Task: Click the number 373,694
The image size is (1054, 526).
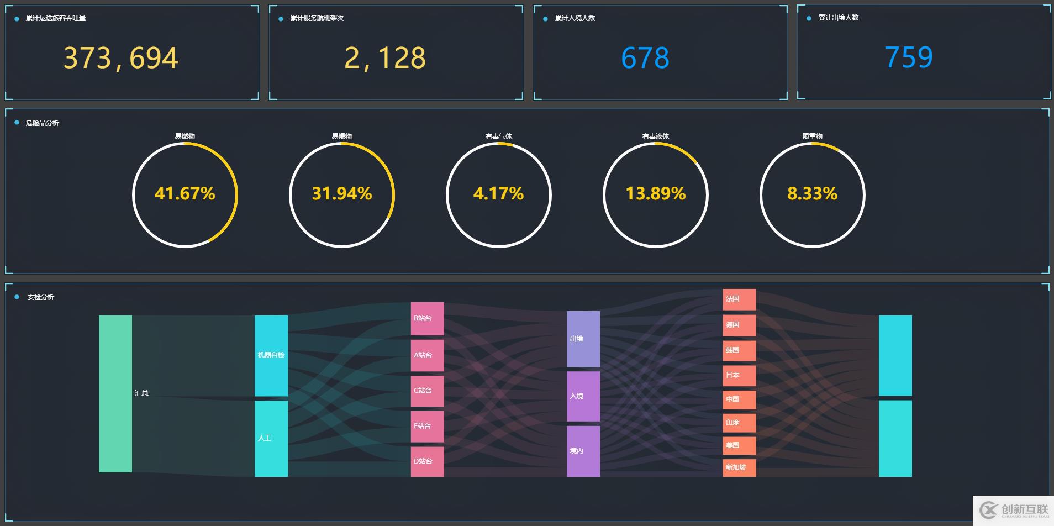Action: click(121, 58)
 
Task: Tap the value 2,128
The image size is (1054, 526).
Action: click(385, 58)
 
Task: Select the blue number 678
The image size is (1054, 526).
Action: click(645, 58)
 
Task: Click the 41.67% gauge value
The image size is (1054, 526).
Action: click(185, 194)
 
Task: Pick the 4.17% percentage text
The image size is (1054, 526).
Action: click(498, 194)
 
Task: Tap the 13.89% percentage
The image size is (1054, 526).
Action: click(655, 194)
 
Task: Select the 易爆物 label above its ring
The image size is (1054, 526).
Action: click(341, 136)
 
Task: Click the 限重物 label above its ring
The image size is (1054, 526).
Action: click(812, 136)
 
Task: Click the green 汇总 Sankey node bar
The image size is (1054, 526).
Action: click(115, 393)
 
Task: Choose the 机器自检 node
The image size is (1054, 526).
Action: click(271, 355)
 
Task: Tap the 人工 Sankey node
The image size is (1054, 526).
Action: click(271, 438)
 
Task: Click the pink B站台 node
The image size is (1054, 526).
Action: click(427, 318)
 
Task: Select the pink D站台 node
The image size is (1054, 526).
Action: click(427, 461)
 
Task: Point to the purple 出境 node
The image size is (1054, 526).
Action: click(583, 339)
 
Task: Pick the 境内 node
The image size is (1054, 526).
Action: click(583, 451)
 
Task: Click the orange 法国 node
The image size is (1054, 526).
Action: click(739, 299)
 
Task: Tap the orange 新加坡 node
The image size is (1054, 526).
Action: click(739, 467)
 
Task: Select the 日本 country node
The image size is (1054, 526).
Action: click(739, 375)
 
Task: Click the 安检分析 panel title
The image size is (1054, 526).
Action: click(41, 297)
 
